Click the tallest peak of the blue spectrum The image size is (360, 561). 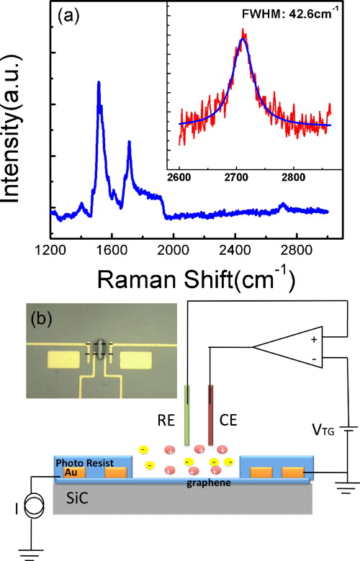click(x=98, y=84)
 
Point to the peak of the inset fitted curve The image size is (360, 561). click(x=244, y=40)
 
